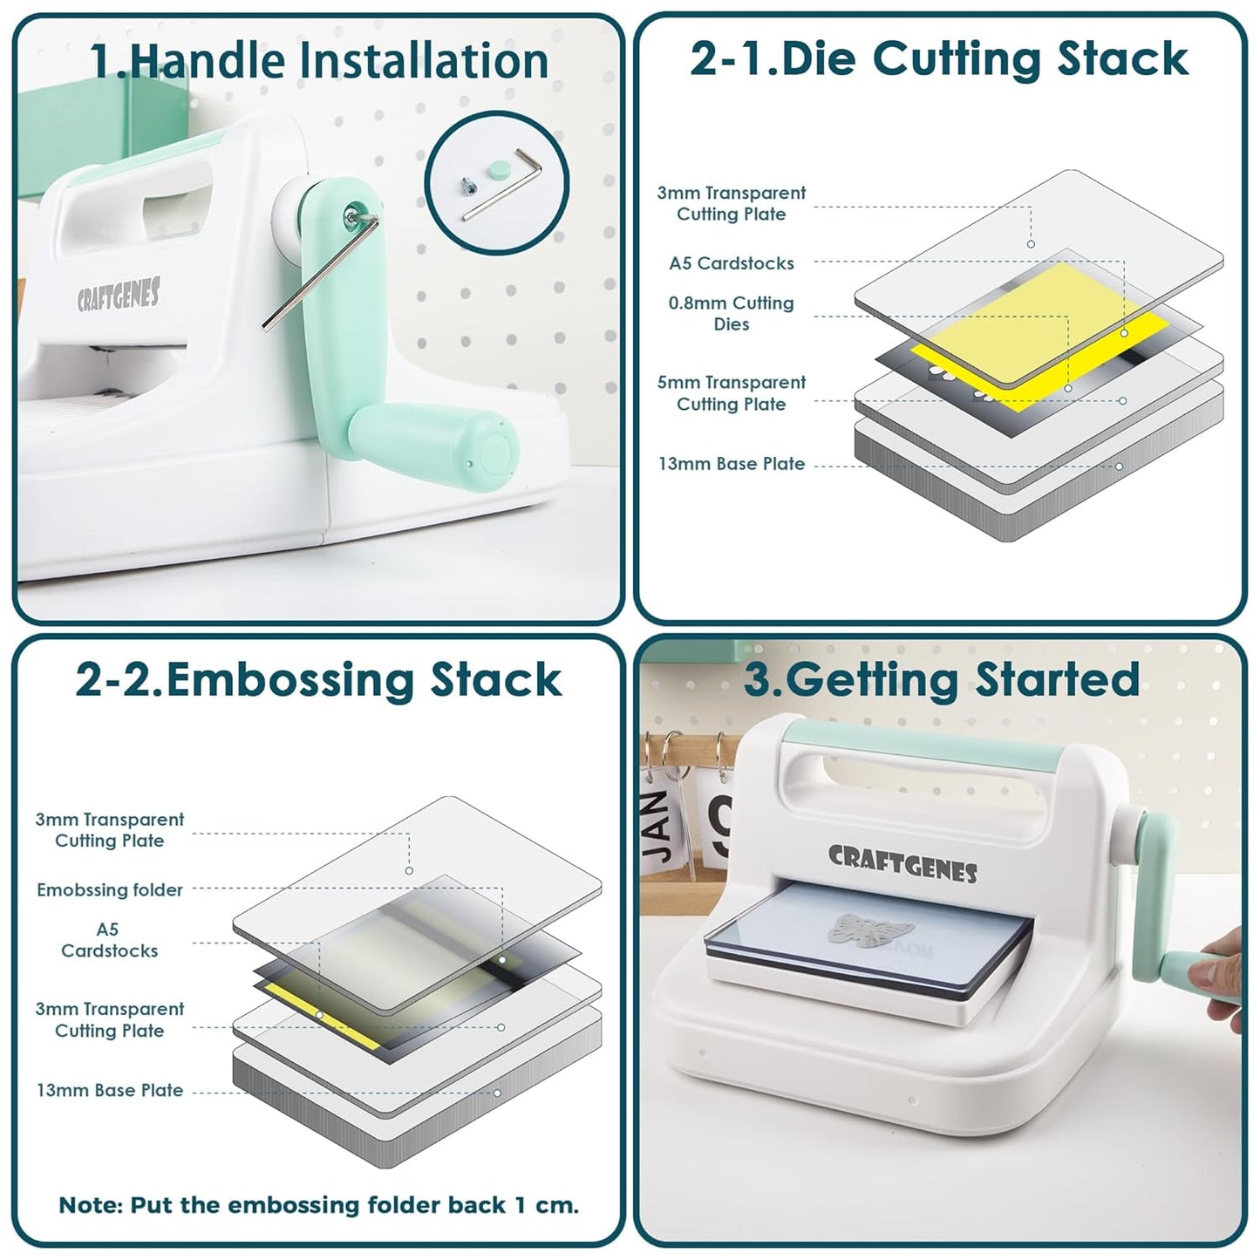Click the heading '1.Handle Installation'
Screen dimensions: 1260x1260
pyautogui.click(x=319, y=61)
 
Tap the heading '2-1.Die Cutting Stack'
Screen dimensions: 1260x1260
pyautogui.click(x=939, y=59)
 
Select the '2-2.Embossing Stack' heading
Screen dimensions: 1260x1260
pyautogui.click(x=318, y=680)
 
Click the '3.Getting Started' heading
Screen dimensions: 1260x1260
pyautogui.click(x=941, y=679)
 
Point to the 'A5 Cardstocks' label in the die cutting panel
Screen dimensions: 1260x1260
pyautogui.click(x=732, y=263)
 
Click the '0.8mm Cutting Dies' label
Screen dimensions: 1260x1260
pyautogui.click(x=732, y=314)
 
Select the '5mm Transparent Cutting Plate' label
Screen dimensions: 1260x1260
pyautogui.click(x=732, y=393)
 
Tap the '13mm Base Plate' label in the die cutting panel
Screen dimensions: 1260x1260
pyautogui.click(x=732, y=464)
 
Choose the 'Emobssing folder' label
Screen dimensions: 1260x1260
pyautogui.click(x=110, y=890)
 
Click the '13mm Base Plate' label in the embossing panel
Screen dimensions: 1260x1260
pyautogui.click(x=110, y=1091)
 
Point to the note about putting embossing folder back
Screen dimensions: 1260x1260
pyautogui.click(x=318, y=1205)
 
